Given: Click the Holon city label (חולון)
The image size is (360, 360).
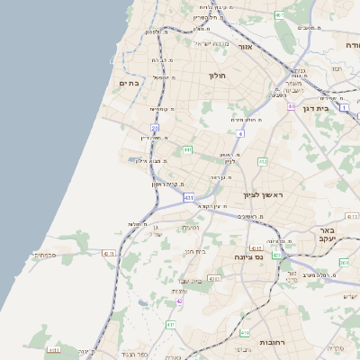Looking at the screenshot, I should coord(219,76).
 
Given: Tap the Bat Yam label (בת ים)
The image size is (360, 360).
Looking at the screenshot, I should coord(130,83).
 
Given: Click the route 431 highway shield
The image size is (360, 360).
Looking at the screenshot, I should coord(187,196).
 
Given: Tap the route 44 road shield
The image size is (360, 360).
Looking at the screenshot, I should coord(292,106).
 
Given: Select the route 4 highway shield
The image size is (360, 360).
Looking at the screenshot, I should coord(241,134).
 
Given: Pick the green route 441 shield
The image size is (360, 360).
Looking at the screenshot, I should coord(187,149).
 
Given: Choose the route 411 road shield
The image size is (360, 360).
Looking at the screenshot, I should coord(256,247).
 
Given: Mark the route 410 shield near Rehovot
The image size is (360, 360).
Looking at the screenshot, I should coord(244,332).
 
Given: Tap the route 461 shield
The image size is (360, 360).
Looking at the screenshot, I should coord(279,15).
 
